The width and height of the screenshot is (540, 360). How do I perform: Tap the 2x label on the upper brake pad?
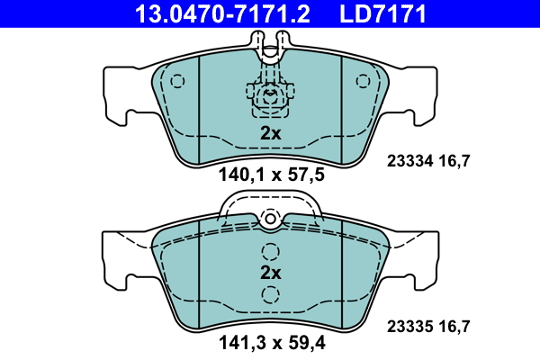point(271,133)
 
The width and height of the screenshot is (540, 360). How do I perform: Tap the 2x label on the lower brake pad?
point(271,273)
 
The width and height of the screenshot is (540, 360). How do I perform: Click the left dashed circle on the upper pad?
point(177,81)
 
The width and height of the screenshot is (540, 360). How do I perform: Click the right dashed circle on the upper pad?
point(363,81)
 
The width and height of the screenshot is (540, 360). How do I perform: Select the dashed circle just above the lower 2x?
point(269,252)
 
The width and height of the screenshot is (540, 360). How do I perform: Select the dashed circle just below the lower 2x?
point(269,294)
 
